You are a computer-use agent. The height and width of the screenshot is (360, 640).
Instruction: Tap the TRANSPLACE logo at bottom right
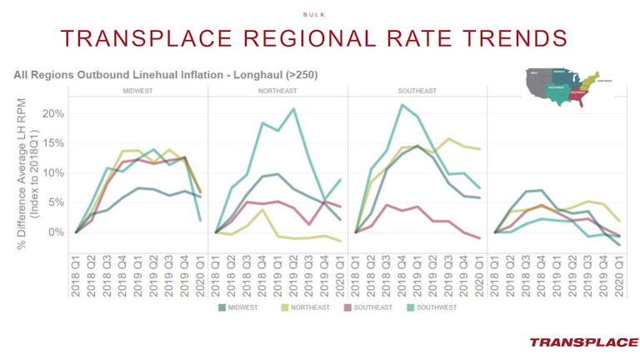(583, 342)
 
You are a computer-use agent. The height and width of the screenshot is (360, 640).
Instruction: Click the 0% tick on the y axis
(55, 232)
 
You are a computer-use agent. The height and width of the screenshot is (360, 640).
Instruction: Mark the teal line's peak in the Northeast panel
(293, 109)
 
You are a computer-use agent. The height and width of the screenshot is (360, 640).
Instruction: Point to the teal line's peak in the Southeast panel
(402, 105)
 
